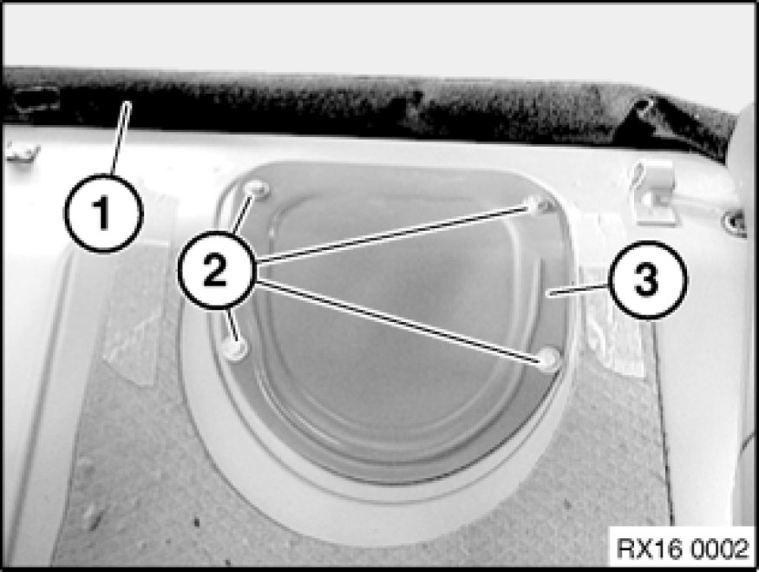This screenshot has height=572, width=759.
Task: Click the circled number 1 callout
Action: click(103, 214)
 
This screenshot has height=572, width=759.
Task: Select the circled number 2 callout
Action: click(216, 270)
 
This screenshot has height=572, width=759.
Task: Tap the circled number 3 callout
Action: click(648, 280)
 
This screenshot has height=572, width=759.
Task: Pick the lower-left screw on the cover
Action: click(236, 349)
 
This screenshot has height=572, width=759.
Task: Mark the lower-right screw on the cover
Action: click(549, 359)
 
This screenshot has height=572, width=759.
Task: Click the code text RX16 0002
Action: click(683, 549)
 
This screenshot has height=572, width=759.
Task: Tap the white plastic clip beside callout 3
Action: click(654, 194)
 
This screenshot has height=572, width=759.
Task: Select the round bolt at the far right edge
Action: click(734, 222)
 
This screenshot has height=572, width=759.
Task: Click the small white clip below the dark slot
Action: click(22, 151)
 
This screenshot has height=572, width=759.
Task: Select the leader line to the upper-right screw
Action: click(393, 235)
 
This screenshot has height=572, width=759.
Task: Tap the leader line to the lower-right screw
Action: click(398, 319)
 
